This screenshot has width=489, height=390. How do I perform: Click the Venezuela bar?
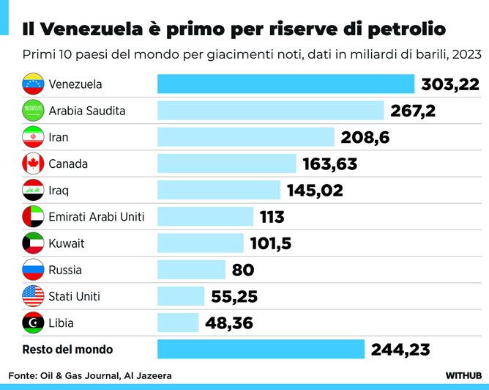tap(286, 84)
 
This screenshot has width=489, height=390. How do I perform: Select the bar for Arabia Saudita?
tap(271, 111)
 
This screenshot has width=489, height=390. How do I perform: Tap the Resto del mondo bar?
tap(261, 349)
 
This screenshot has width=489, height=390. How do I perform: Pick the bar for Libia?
tap(178, 323)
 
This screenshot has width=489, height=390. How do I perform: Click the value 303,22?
tap(449, 85)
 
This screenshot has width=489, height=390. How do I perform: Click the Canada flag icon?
tap(34, 163)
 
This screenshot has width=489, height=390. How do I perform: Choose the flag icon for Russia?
tap(34, 270)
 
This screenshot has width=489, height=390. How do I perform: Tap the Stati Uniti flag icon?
tap(34, 296)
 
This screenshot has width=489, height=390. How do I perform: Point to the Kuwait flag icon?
tap(34, 243)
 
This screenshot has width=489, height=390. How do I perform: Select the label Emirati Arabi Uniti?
tap(97, 217)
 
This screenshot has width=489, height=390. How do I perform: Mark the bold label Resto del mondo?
tap(67, 350)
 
